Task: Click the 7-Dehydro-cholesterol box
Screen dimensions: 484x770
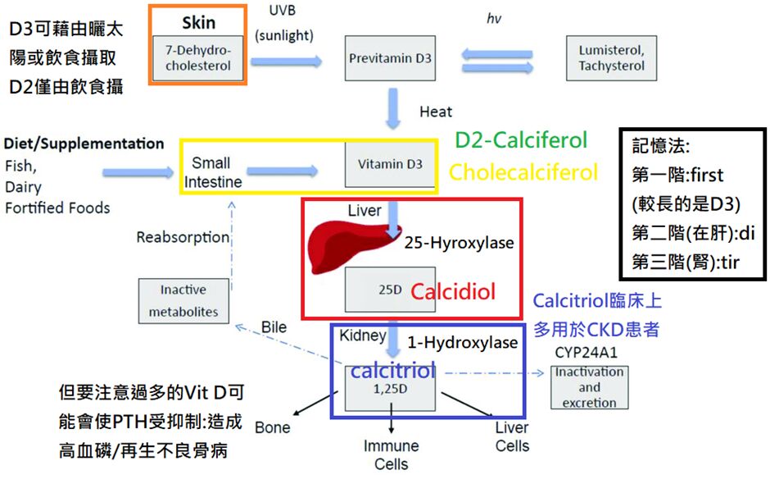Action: tap(198, 58)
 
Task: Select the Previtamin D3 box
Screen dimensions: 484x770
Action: tap(390, 58)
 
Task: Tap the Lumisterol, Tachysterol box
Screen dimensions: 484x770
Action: tap(611, 58)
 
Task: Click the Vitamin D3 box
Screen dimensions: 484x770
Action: tap(390, 164)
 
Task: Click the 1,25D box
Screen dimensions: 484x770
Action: tap(390, 387)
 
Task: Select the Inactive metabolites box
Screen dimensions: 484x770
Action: tap(183, 300)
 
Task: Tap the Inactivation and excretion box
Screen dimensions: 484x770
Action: tap(589, 387)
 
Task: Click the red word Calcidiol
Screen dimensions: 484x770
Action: tap(453, 292)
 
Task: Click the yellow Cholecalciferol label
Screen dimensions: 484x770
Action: tap(523, 172)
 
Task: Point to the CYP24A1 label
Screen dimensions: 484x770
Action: tap(587, 352)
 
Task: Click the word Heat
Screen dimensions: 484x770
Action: tap(435, 112)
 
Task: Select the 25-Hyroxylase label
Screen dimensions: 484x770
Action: tap(459, 243)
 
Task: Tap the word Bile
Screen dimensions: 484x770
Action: tap(274, 327)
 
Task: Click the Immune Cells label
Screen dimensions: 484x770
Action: tap(391, 454)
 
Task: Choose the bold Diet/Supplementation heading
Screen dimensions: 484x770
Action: tap(84, 144)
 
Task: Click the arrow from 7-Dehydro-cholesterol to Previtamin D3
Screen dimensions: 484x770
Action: tap(286, 61)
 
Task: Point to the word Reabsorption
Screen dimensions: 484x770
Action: tap(183, 237)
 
